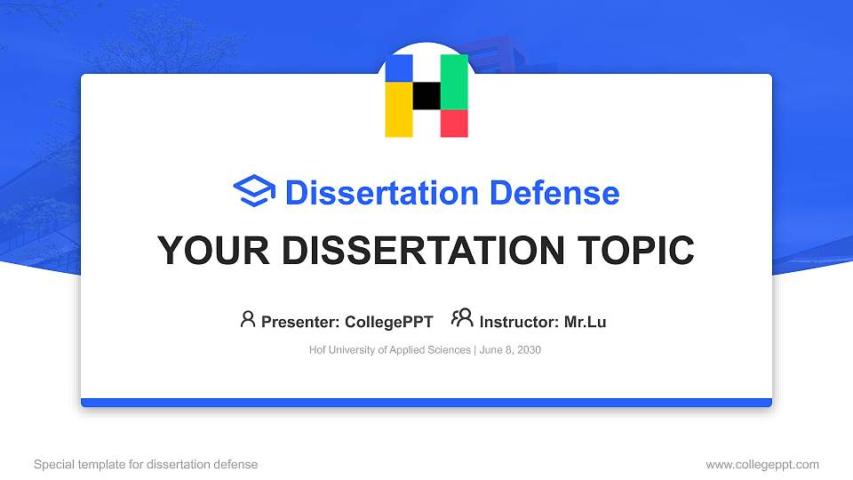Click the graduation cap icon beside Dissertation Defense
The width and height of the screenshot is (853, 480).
click(254, 192)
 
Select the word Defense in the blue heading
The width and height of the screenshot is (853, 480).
click(554, 193)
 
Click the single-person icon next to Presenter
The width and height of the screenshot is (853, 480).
click(248, 319)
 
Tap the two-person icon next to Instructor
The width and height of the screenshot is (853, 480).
click(463, 318)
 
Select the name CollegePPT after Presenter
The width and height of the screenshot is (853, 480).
click(388, 322)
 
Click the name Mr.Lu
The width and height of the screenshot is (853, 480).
click(585, 322)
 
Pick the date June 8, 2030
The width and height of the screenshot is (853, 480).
click(510, 350)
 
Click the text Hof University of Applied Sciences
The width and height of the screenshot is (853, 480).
click(390, 350)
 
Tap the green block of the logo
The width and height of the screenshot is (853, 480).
click(454, 82)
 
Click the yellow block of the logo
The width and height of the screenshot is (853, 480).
click(399, 109)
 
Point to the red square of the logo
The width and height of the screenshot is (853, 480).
click(454, 124)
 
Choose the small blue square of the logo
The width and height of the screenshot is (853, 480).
click(399, 68)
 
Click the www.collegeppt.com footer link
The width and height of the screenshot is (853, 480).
click(761, 464)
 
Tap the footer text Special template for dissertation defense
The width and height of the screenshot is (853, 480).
click(146, 464)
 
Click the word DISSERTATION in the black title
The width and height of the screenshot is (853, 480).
click(416, 251)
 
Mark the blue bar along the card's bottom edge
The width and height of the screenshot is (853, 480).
click(426, 403)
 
